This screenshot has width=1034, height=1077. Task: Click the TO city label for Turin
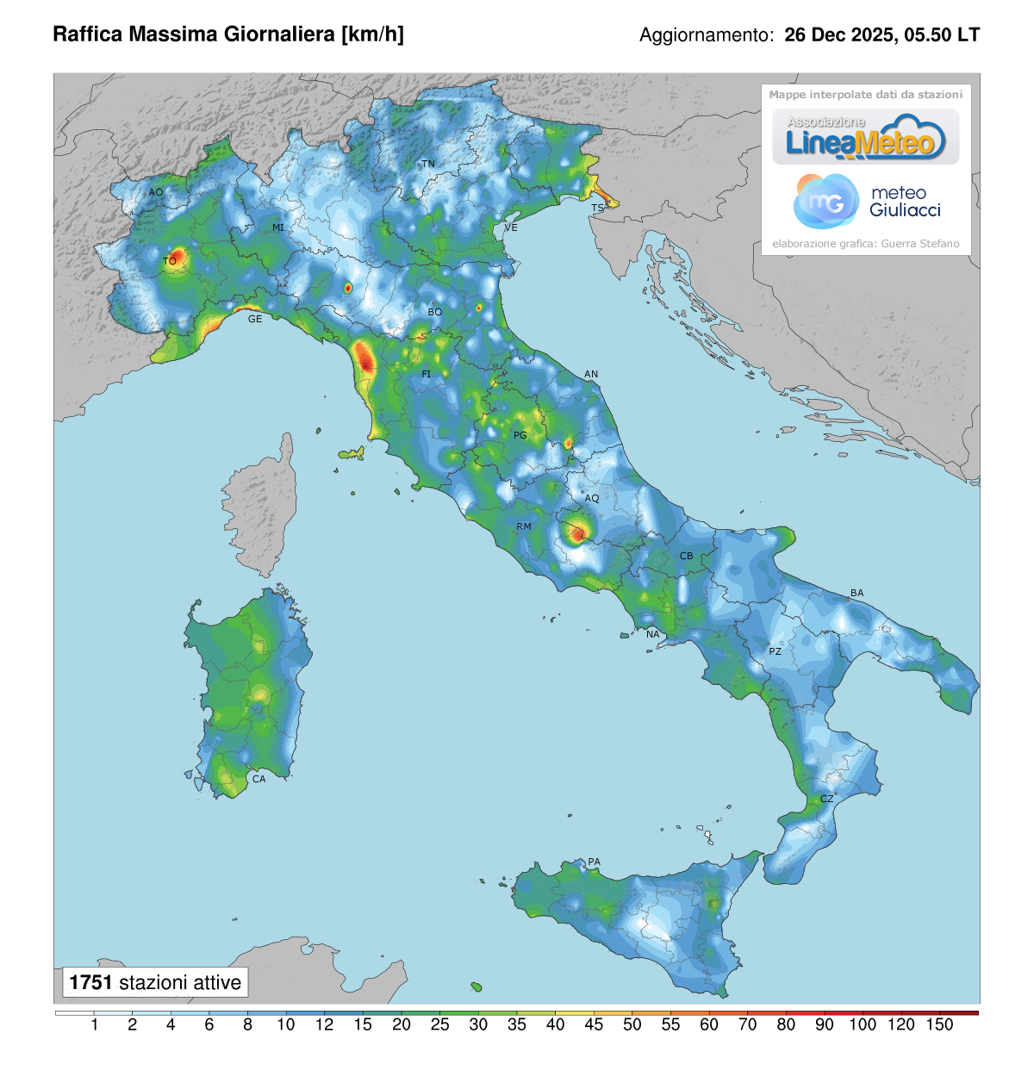pos(170,261)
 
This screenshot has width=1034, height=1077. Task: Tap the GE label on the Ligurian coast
pos(255,319)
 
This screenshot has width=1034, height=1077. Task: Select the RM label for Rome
pos(524,526)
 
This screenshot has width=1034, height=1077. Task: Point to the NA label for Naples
pos(653,634)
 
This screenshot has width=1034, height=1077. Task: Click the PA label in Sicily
pos(594,862)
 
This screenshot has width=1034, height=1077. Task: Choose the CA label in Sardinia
pos(258,779)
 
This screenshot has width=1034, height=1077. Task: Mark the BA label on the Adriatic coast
pos(856,593)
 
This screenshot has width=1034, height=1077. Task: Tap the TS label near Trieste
pos(597,209)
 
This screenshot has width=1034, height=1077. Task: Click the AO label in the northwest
pos(156,192)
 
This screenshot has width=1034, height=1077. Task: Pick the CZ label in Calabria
pos(826,799)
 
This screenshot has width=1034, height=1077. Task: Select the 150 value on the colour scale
pos(939,1024)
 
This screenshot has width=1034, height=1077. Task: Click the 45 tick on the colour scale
pos(594,1024)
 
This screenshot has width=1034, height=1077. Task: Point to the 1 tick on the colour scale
pos(94,1024)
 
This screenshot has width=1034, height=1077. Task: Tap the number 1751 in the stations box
pos(90,982)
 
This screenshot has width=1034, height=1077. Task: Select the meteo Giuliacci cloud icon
pos(825,201)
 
